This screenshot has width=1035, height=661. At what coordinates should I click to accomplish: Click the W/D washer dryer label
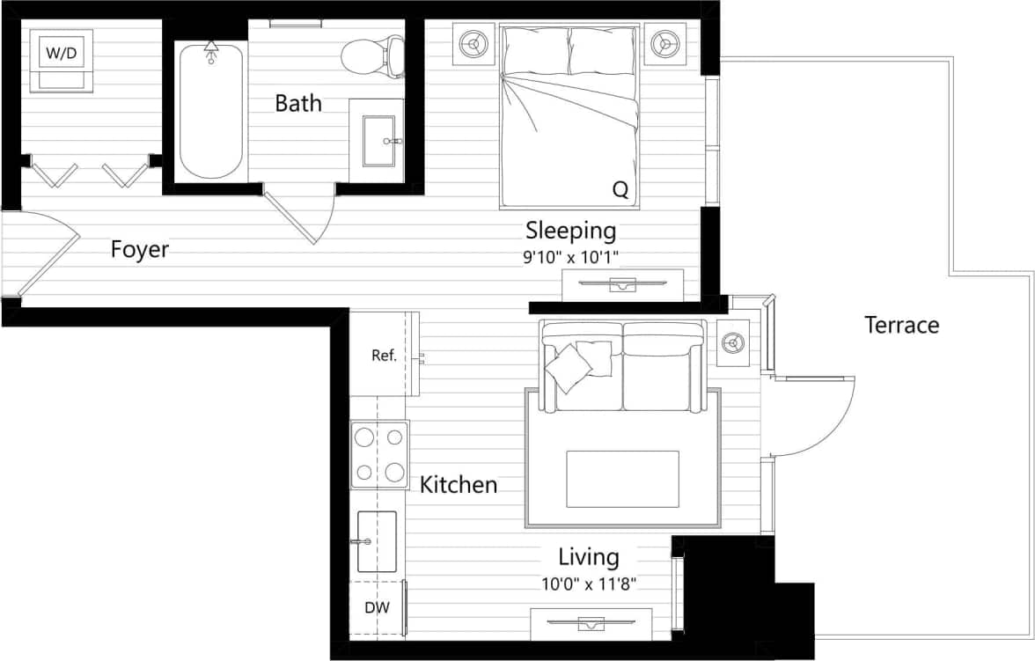pyautogui.click(x=62, y=54)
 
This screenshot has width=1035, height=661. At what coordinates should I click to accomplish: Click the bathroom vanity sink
pyautogui.click(x=377, y=140)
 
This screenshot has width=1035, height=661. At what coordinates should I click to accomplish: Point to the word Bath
pyautogui.click(x=298, y=104)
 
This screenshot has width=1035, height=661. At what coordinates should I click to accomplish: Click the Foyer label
pyautogui.click(x=139, y=250)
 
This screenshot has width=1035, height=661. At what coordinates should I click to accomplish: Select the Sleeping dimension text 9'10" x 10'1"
pyautogui.click(x=571, y=258)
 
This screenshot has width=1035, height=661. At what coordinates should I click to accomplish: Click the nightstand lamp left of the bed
pyautogui.click(x=473, y=43)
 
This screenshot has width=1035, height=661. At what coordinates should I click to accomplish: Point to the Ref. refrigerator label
pyautogui.click(x=384, y=356)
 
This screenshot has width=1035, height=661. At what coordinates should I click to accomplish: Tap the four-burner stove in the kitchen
pyautogui.click(x=379, y=455)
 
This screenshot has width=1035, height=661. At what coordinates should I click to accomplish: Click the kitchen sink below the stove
pyautogui.click(x=377, y=541)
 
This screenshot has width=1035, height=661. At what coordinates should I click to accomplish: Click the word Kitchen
pyautogui.click(x=458, y=485)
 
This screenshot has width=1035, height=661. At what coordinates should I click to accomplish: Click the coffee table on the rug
pyautogui.click(x=622, y=479)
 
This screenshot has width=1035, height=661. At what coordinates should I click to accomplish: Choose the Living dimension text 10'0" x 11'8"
pyautogui.click(x=589, y=583)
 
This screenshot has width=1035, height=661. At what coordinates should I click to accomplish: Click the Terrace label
pyautogui.click(x=901, y=326)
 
